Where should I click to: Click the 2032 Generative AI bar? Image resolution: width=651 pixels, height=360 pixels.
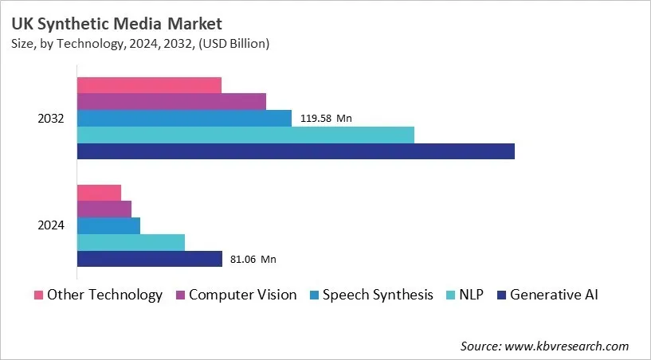pyautogui.click(x=296, y=151)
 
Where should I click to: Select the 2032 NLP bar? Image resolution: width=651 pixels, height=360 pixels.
pyautogui.click(x=245, y=135)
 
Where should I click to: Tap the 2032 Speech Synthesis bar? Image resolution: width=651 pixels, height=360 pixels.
pyautogui.click(x=184, y=118)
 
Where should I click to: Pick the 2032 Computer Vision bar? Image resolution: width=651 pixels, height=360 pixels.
pyautogui.click(x=171, y=101)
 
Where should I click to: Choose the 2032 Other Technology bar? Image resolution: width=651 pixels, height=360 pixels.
pyautogui.click(x=149, y=85)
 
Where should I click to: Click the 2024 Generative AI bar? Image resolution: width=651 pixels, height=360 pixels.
pyautogui.click(x=149, y=259)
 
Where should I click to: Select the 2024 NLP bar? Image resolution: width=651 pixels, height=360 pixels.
pyautogui.click(x=131, y=242)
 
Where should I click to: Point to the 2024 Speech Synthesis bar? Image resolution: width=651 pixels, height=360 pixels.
pyautogui.click(x=108, y=225)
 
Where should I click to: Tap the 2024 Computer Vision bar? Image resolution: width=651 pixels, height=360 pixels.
pyautogui.click(x=104, y=209)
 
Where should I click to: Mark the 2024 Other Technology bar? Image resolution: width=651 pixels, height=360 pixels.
pyautogui.click(x=99, y=193)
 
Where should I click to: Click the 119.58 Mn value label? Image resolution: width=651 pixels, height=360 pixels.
pyautogui.click(x=326, y=119)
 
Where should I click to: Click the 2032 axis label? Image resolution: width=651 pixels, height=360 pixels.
pyautogui.click(x=51, y=119)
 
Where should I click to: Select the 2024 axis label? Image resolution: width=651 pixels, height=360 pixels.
pyautogui.click(x=51, y=226)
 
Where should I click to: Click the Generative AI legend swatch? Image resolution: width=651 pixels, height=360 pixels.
pyautogui.click(x=501, y=295)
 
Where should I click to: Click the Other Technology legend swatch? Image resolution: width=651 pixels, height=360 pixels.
pyautogui.click(x=38, y=295)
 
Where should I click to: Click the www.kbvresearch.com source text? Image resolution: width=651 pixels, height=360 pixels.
pyautogui.click(x=567, y=346)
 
